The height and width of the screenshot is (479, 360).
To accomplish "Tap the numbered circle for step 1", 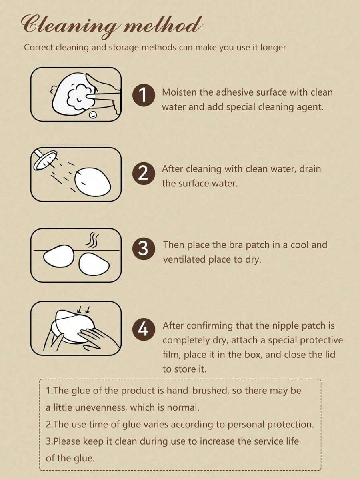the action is tap(144, 95).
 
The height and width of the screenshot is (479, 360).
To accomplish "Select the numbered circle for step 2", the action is tap(144, 173).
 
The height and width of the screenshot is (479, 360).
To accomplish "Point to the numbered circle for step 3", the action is tap(144, 249).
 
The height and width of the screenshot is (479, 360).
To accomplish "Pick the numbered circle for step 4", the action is tap(144, 329).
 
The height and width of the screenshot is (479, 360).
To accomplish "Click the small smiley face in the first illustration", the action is tap(94, 115).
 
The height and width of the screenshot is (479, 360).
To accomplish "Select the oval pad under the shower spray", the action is tap(92, 182).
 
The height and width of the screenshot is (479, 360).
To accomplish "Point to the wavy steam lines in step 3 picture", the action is tap(92, 240).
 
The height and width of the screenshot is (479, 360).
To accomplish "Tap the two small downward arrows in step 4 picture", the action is tap(84, 310).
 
